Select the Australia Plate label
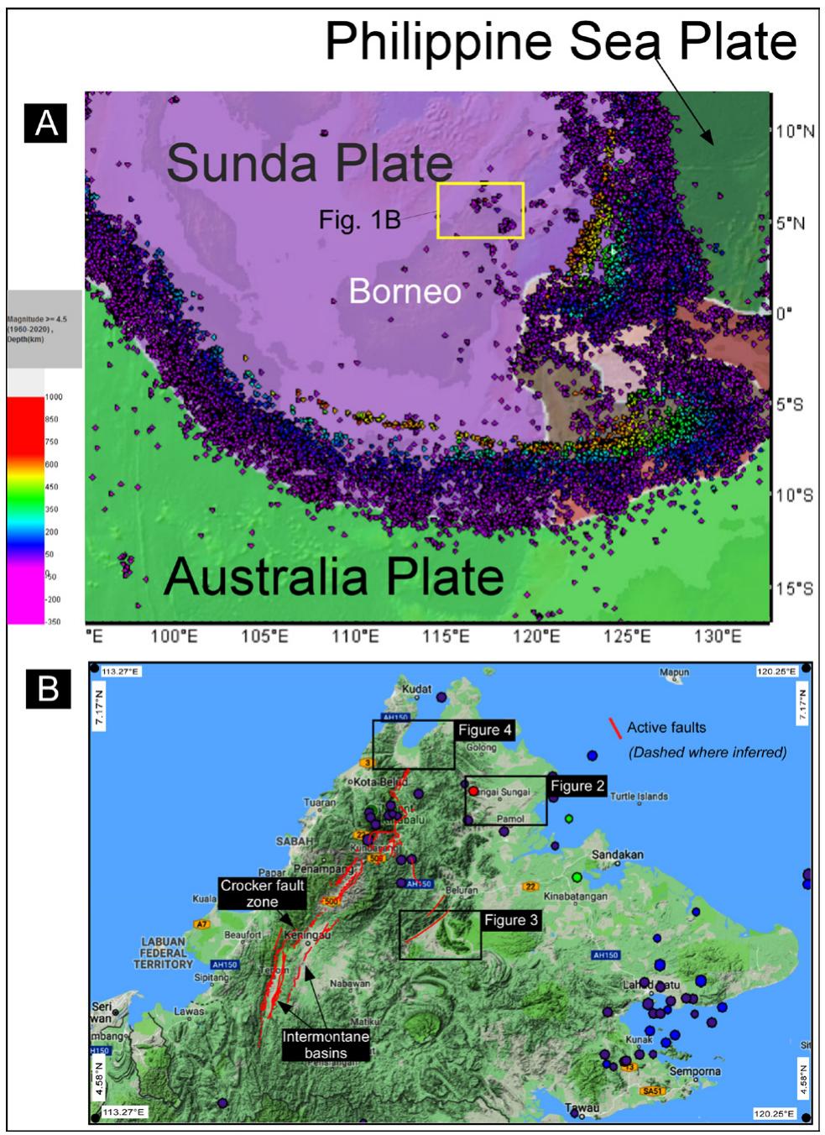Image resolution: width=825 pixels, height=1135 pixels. pos(333,578)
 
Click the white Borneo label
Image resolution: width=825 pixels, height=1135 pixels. pos(405,290)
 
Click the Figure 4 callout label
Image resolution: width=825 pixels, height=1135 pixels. pos(484,730)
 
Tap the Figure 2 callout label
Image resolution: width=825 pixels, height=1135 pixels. pos(577,787)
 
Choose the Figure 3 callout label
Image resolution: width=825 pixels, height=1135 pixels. pos(510,920)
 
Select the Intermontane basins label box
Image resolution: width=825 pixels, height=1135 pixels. pos(326,1044)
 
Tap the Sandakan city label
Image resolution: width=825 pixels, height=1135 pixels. pos(618,854)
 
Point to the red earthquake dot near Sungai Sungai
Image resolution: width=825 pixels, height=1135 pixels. pos(473,791)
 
